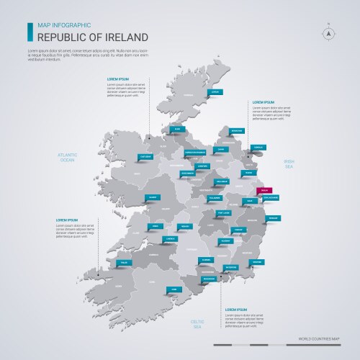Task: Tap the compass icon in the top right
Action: tap(328, 32)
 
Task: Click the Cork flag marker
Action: tap(174, 289)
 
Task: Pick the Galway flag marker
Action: tap(153, 197)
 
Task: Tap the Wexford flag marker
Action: tap(256, 262)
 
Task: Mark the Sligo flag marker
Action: tap(174, 130)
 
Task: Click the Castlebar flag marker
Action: tap(145, 156)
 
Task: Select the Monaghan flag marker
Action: tap(236, 130)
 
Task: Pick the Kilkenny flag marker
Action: tap(225, 240)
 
